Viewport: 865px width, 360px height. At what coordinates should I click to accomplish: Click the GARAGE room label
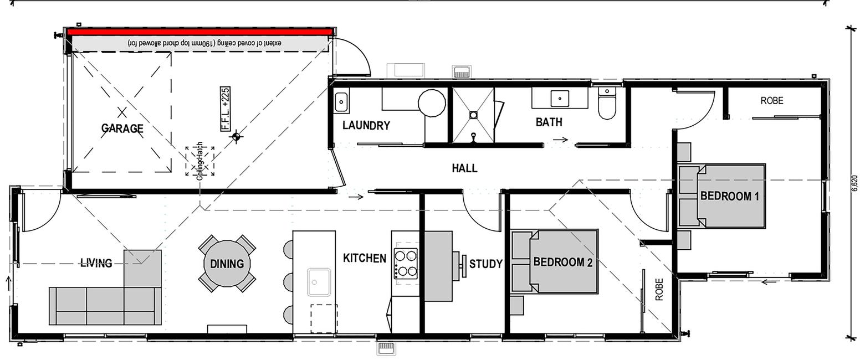(122, 128)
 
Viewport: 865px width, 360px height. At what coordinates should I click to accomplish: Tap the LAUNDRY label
(366, 125)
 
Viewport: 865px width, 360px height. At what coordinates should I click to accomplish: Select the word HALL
(464, 168)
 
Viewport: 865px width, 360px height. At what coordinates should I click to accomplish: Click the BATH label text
(549, 122)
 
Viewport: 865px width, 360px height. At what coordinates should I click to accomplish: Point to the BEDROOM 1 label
(729, 196)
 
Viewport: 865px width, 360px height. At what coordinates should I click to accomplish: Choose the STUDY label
(486, 264)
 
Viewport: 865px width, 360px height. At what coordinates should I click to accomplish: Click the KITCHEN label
(365, 258)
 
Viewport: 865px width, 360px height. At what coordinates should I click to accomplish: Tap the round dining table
(227, 264)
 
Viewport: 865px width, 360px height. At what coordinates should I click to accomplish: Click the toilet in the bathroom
(607, 103)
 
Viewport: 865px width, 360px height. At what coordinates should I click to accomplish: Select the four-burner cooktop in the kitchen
(406, 264)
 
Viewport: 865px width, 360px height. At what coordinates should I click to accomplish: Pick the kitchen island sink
(319, 282)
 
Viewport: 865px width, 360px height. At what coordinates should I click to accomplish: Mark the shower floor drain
(473, 115)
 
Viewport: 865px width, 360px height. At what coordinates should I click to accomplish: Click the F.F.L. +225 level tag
(226, 109)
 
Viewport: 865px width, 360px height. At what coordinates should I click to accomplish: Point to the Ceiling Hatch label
(199, 161)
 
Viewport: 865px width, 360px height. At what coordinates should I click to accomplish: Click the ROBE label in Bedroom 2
(659, 290)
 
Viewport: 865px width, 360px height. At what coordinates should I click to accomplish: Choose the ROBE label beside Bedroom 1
(772, 101)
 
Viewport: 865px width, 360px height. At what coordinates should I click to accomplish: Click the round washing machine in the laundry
(432, 102)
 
